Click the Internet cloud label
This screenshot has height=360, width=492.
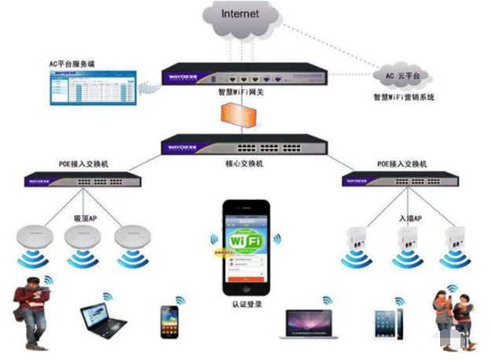pos(240,14)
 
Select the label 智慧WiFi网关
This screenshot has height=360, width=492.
pos(246,91)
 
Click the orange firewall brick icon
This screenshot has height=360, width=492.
pos(245,116)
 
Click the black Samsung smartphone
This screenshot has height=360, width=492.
pos(171,321)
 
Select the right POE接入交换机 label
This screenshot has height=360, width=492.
pos(401,163)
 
